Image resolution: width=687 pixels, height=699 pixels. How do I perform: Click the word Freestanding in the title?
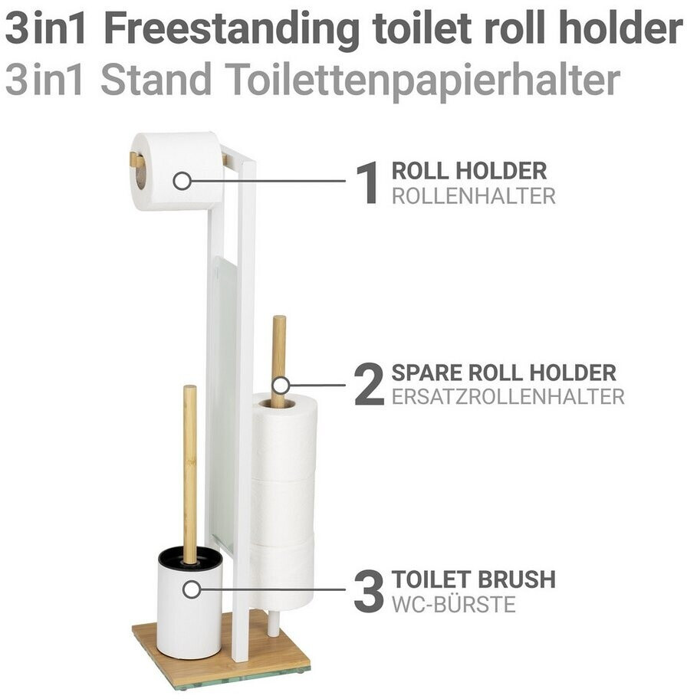click(x=231, y=29)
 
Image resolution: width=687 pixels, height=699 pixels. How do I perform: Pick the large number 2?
click(x=369, y=384)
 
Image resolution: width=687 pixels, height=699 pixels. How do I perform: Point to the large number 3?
click(x=369, y=591)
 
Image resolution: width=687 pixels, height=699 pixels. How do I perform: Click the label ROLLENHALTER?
click(x=473, y=196)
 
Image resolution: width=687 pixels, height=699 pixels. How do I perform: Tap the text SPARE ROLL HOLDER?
click(x=504, y=373)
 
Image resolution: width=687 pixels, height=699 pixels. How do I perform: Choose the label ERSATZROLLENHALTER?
click(x=508, y=397)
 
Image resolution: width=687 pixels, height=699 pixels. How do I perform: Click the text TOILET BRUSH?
click(x=473, y=579)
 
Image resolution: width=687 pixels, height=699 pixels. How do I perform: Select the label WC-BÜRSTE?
click(x=453, y=605)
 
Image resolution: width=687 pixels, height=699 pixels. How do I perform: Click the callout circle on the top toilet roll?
click(x=182, y=181)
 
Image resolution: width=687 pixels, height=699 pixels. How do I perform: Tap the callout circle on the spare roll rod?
click(x=281, y=386)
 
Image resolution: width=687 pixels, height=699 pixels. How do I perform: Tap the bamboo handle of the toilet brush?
click(x=189, y=474)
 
